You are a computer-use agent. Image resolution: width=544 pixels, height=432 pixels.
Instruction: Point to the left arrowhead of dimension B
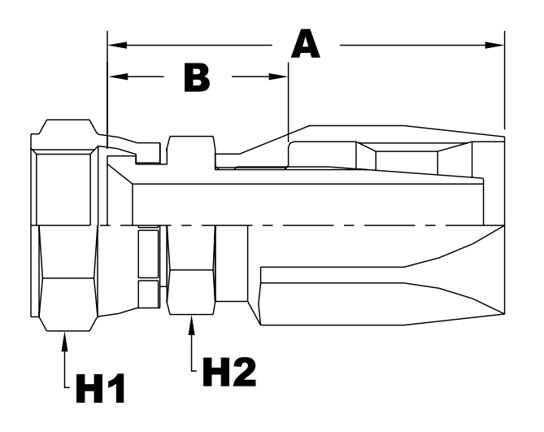[115, 78]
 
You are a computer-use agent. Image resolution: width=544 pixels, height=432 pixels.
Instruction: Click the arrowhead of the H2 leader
[193, 323]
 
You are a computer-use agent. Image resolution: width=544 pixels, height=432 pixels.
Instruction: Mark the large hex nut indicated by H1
[65, 277]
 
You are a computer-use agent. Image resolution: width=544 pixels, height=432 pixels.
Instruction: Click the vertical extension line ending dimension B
[289, 106]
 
